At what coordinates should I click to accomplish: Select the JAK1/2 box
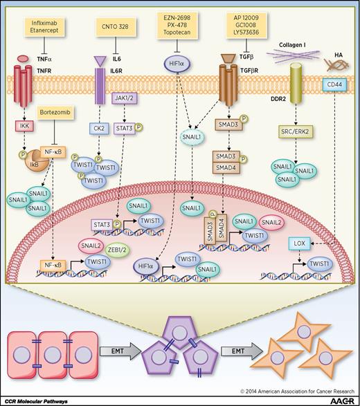coord(125,98)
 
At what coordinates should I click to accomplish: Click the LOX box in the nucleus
coord(298,243)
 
